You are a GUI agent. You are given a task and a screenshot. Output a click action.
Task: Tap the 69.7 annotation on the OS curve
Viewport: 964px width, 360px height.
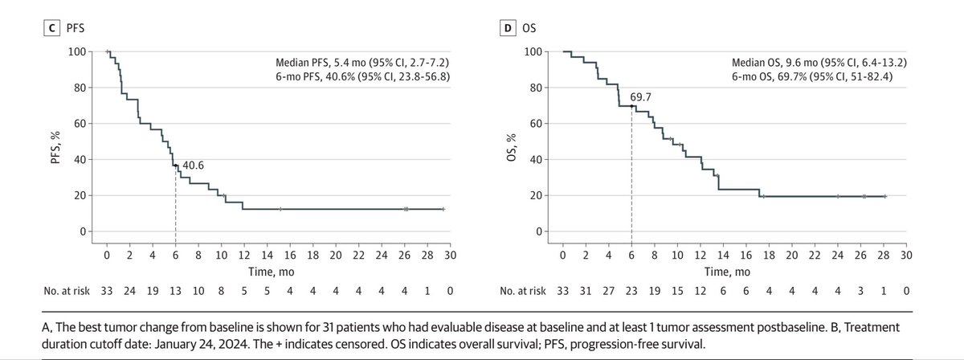640,98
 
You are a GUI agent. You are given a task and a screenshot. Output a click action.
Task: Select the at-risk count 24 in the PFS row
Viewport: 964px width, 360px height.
129,288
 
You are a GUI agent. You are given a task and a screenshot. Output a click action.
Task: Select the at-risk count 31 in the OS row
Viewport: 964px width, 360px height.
586,288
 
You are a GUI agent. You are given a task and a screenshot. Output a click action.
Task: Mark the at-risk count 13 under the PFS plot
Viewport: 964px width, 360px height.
175,288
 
